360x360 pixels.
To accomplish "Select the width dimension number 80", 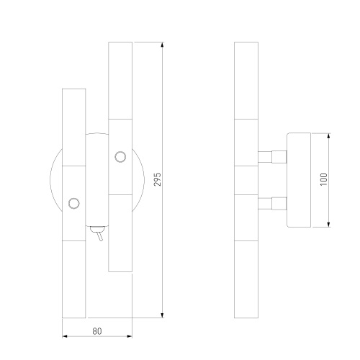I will coord(97,331).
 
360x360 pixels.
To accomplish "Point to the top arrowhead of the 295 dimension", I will coord(163,44).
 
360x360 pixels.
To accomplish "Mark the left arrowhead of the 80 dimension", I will coord(66,337).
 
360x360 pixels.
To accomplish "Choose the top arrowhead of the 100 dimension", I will coord(330,135).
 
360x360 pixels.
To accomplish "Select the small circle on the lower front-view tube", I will coord(73,203).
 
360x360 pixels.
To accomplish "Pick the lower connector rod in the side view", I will coord(272,202).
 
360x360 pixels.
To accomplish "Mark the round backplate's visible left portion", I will coord(55,180).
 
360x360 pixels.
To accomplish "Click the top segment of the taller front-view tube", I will coord(120,79).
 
